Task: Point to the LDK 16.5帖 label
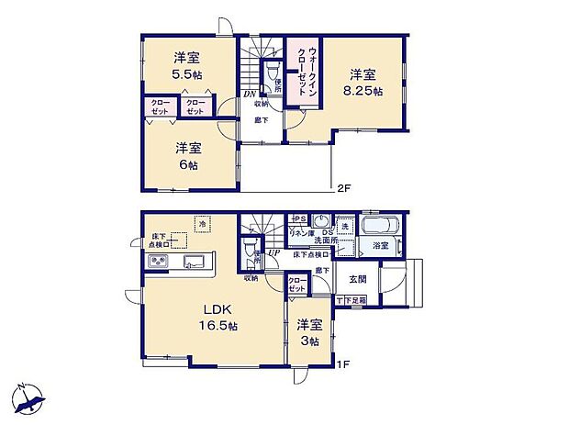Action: point(217,326)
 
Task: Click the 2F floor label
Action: point(343,189)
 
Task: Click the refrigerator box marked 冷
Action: point(202,222)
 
